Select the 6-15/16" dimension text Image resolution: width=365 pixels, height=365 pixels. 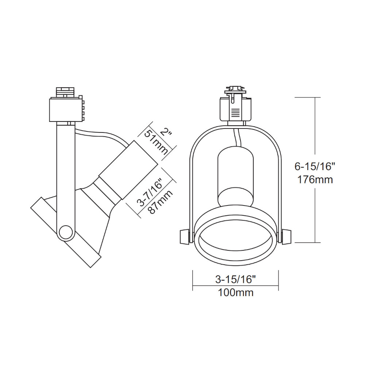tap(315, 166)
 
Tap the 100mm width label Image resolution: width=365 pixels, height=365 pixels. tap(236, 292)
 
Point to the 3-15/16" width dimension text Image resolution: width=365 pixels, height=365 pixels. tap(235, 280)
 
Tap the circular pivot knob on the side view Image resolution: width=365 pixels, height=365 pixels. tap(66, 232)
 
